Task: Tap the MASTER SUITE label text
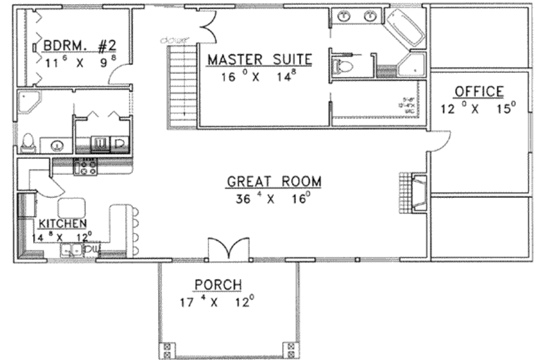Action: tap(259, 60)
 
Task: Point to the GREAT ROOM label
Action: tap(273, 181)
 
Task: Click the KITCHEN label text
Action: tap(61, 224)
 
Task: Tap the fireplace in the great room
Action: tap(418, 192)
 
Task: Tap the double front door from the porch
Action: tap(229, 249)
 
